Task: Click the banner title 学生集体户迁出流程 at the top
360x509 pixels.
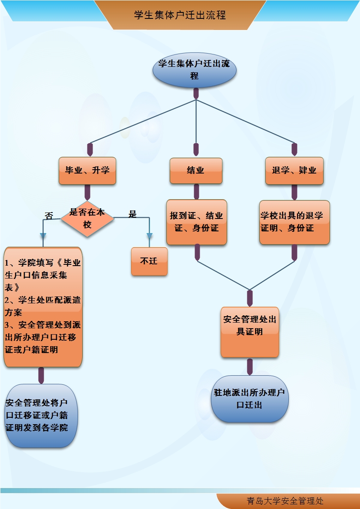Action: (x=180, y=15)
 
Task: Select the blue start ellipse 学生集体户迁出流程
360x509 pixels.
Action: (x=195, y=70)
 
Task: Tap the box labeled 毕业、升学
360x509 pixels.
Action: (x=87, y=171)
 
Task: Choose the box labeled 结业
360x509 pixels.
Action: (x=196, y=171)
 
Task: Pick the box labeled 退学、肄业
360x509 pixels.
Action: (x=294, y=171)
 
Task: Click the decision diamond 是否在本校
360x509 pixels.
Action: (x=87, y=219)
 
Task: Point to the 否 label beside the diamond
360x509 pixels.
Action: (x=49, y=216)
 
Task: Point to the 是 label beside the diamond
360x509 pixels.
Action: (x=133, y=214)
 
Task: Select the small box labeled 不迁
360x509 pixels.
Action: (x=149, y=261)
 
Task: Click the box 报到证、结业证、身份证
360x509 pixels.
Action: (x=196, y=222)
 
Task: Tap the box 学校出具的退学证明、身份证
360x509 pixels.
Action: (x=294, y=222)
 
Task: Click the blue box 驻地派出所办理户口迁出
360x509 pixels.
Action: (x=250, y=399)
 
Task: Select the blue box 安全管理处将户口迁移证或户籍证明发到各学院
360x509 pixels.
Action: (x=41, y=416)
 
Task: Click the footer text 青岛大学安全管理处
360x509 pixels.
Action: (x=285, y=501)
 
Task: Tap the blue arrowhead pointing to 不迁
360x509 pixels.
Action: (x=150, y=236)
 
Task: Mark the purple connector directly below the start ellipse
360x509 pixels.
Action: (x=196, y=93)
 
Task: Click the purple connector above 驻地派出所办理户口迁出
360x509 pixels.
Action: (x=250, y=366)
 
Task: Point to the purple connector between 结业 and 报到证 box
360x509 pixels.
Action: (x=196, y=192)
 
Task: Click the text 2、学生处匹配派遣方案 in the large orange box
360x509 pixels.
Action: (x=42, y=306)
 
